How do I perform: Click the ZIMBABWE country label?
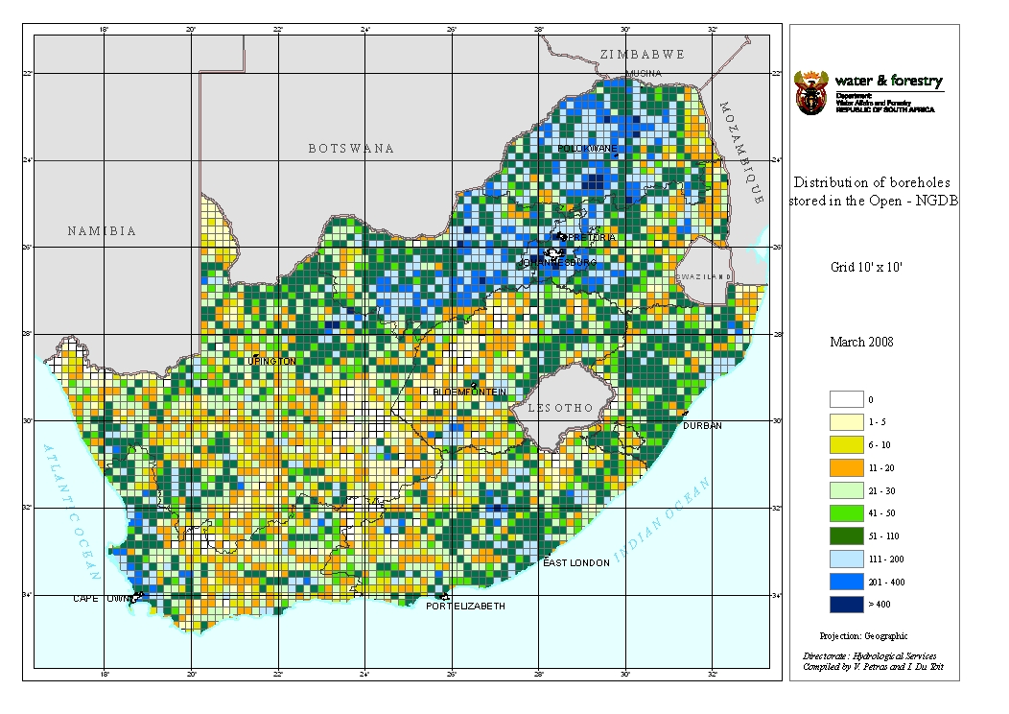[x=641, y=55]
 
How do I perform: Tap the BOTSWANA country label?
[x=351, y=149]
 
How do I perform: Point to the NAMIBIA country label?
[x=102, y=231]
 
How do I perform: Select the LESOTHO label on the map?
[x=560, y=408]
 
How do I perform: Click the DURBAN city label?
[x=702, y=425]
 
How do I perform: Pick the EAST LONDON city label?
[x=575, y=563]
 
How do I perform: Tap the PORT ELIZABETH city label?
[x=465, y=607]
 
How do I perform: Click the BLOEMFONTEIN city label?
[x=469, y=393]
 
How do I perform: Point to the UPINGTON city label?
[x=272, y=361]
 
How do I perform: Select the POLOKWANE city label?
[x=588, y=149]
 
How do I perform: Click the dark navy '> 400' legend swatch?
[x=844, y=606]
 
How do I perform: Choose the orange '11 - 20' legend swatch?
[x=844, y=467]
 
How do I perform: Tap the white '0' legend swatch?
[x=844, y=398]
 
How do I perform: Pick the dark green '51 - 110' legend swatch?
[x=844, y=536]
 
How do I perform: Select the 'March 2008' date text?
[x=861, y=343]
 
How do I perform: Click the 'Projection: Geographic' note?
[x=863, y=635]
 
